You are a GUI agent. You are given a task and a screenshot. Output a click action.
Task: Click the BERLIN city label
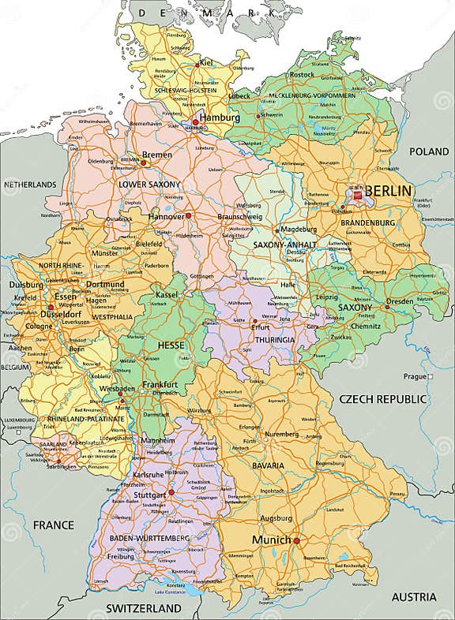tap(389, 191)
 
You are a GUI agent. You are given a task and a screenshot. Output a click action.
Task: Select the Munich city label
tap(271, 540)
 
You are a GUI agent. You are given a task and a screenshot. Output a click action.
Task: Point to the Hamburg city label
tap(220, 118)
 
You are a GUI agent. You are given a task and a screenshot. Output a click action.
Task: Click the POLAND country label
tap(428, 151)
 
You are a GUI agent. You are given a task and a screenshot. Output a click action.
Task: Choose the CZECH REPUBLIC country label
tap(382, 399)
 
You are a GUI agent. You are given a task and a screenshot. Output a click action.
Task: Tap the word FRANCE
tap(53, 525)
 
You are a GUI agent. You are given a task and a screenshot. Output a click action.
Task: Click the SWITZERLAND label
tap(144, 609)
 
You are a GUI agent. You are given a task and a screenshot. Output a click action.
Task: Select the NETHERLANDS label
tap(30, 184)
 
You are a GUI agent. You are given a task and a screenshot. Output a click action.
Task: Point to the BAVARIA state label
tap(268, 465)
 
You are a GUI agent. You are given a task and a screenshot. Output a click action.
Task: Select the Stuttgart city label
tap(149, 495)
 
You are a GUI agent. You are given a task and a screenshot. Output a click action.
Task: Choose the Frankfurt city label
tap(160, 384)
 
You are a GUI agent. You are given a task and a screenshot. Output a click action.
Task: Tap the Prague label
tap(415, 375)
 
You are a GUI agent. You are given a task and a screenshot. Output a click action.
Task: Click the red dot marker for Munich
tap(297, 540)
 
